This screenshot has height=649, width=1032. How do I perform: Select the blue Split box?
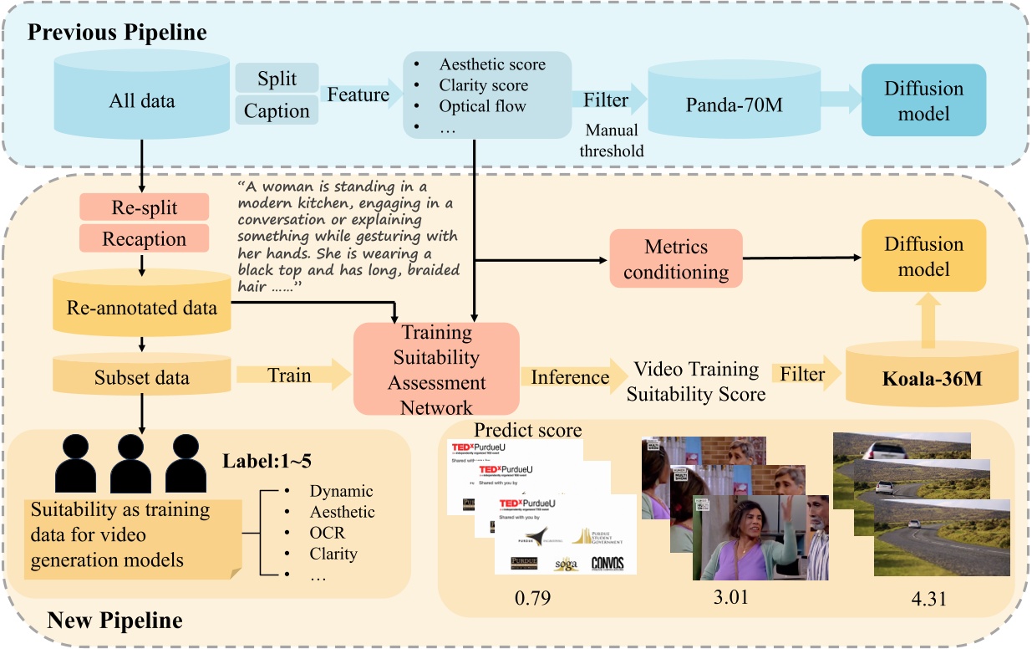point(277,79)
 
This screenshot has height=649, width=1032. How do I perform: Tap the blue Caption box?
point(277,111)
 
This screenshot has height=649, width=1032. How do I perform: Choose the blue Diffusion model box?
point(923,100)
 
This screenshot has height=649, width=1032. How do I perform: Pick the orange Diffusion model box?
point(923,256)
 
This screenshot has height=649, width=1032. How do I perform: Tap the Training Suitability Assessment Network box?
point(436,369)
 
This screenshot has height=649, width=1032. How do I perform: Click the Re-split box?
point(144,207)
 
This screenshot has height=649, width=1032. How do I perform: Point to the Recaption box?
point(144,239)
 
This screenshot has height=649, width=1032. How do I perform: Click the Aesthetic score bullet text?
point(491,64)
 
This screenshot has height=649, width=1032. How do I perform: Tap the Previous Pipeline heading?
point(118,33)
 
